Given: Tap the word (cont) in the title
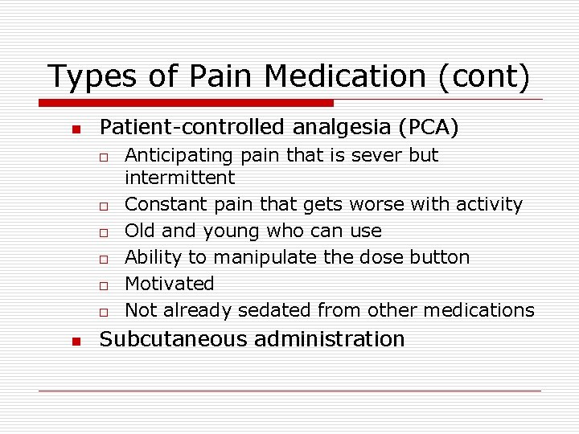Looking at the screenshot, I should point(484,77).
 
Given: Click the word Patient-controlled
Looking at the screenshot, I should point(190,127).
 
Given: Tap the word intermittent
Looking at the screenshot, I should point(180,178).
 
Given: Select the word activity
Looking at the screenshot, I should point(490,205).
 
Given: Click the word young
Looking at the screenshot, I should point(230,231).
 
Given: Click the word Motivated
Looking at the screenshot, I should point(170,284).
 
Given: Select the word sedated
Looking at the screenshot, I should point(278,310).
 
